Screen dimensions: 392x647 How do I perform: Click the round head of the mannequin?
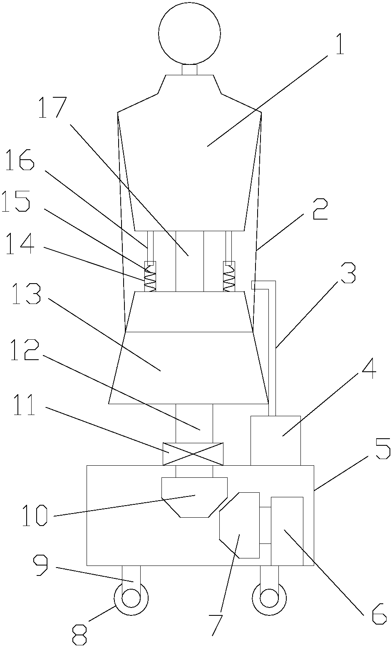pos(189,33)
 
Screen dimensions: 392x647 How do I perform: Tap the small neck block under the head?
pos(190,70)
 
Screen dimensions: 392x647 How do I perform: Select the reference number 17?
pos(52,107)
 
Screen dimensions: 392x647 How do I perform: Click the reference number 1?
pos(340,44)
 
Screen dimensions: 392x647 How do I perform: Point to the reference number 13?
pos(26,293)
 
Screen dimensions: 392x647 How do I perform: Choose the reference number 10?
pos(35,515)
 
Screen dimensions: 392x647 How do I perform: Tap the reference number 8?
pos(79,635)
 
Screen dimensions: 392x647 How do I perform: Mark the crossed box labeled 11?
pos(193,454)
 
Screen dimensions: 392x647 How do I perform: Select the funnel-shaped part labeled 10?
pos(194,497)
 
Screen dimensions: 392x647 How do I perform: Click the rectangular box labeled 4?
pos(275,440)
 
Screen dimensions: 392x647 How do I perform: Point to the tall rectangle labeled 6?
pos(287,531)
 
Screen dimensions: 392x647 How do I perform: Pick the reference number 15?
pos(16,201)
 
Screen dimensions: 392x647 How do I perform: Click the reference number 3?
pos(347,273)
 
